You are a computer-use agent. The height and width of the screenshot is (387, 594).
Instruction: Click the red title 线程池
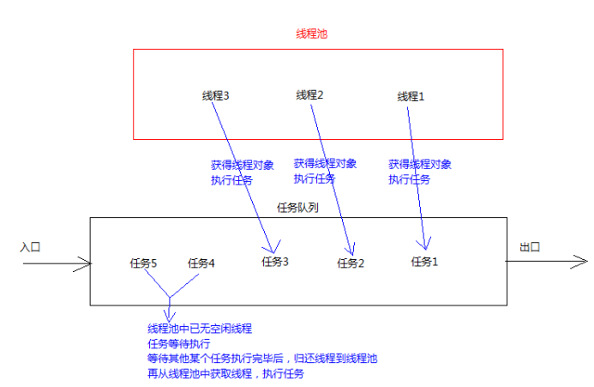click(311, 34)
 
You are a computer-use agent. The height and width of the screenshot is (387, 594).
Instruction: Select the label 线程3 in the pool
click(215, 96)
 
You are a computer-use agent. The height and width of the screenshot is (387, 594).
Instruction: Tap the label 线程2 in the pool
click(309, 95)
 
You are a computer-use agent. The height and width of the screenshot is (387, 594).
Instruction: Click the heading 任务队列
click(298, 208)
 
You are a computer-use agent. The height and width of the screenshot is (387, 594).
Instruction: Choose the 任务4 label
click(201, 263)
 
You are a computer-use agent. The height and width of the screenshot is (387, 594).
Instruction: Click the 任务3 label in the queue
click(275, 262)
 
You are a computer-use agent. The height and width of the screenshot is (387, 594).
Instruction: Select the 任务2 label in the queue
click(351, 263)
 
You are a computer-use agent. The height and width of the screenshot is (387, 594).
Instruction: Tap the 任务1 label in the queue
click(424, 262)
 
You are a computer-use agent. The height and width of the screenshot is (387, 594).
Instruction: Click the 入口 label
click(30, 246)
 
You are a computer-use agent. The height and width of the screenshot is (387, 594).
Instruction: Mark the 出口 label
click(529, 247)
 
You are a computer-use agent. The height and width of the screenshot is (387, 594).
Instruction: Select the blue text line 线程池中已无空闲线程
click(200, 329)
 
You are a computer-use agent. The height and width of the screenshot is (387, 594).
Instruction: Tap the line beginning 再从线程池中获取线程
click(226, 375)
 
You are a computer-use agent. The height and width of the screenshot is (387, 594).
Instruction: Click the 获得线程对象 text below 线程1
click(419, 164)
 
